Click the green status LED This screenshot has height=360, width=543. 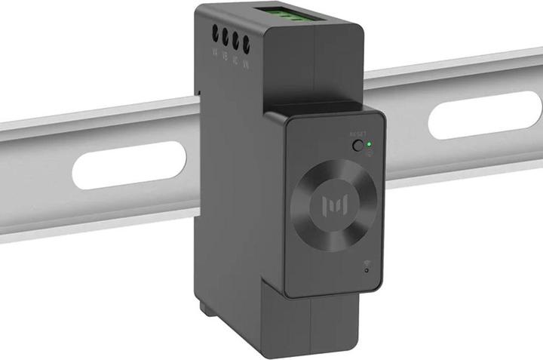[x=369, y=143]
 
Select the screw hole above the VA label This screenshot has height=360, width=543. [x=216, y=34]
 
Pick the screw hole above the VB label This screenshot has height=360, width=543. [x=225, y=35]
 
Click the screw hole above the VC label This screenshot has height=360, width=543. [x=235, y=38]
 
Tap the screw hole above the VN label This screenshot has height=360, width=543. [x=246, y=40]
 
